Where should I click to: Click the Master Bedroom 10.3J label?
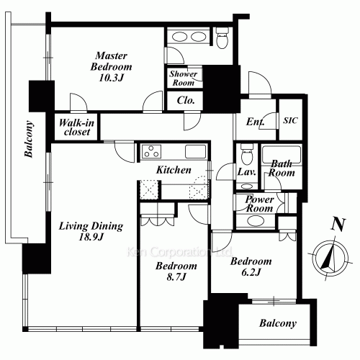(x=111, y=66)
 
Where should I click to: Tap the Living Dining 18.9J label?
(x=91, y=231)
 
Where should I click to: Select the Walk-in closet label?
(x=76, y=127)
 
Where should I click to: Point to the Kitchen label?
(x=174, y=170)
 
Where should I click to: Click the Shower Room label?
(x=183, y=78)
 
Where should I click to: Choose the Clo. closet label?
(x=186, y=100)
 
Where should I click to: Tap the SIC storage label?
(x=290, y=120)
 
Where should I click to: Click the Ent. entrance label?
(x=255, y=122)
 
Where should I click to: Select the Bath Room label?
(x=282, y=168)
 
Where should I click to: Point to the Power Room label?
(x=259, y=204)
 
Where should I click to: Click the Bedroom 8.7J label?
(x=176, y=271)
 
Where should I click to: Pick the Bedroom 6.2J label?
(x=251, y=266)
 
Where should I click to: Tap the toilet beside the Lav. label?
(x=247, y=154)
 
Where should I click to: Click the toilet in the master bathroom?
(x=222, y=37)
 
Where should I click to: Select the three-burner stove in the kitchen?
(x=151, y=152)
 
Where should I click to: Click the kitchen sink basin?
(x=195, y=152)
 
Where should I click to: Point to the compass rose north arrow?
(x=330, y=258)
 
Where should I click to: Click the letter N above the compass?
(x=338, y=225)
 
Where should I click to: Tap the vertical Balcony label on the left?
(x=29, y=139)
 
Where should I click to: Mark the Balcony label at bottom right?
(x=278, y=323)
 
